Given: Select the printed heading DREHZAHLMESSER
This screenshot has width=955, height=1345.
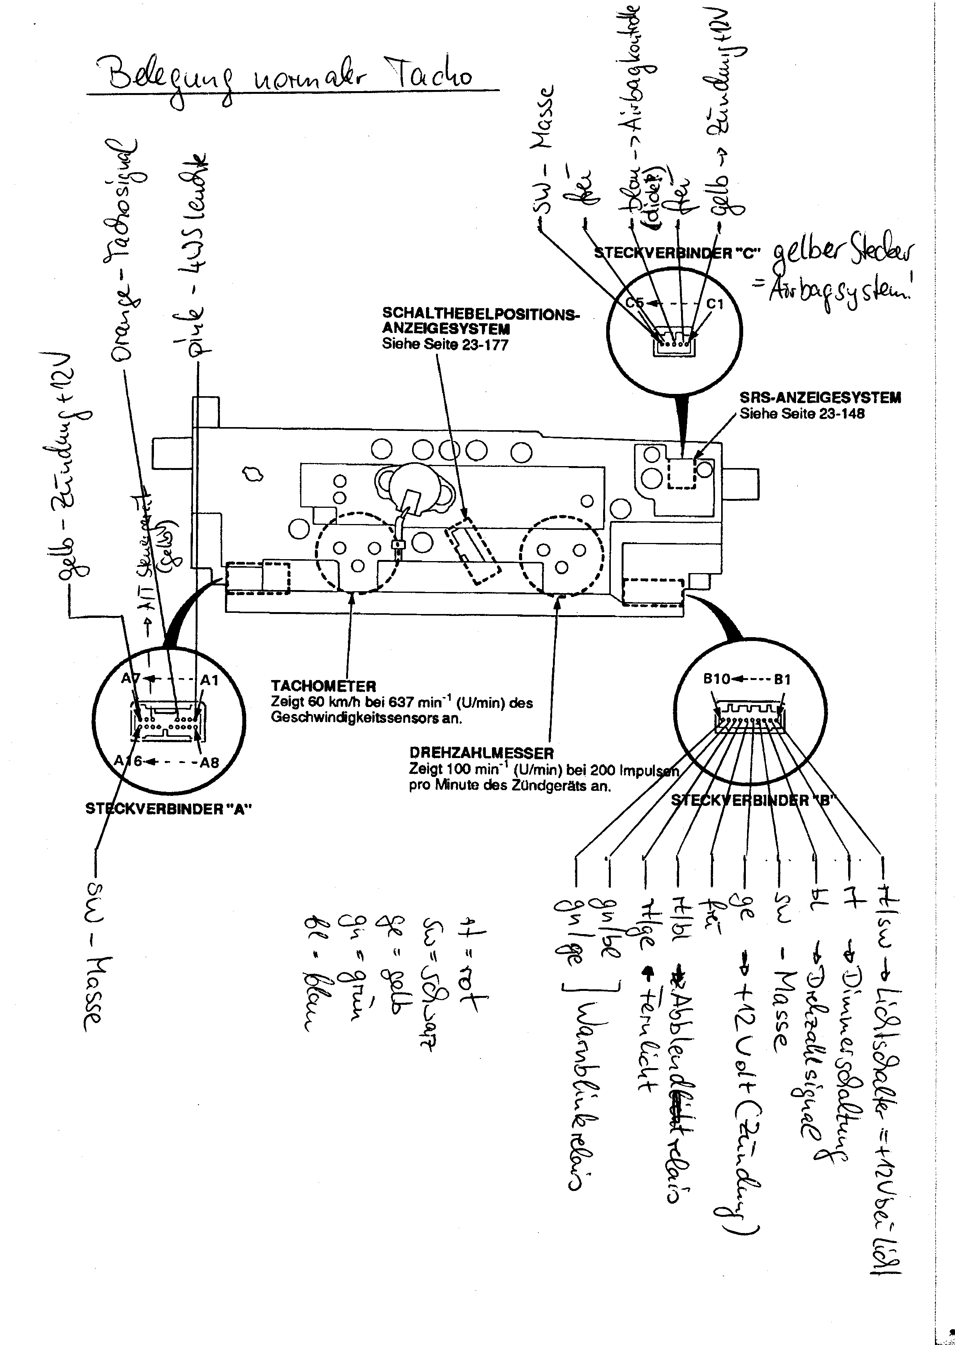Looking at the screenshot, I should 481,753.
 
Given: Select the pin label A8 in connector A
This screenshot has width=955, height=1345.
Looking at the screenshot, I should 210,763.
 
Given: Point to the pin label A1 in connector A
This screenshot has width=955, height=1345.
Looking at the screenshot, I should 210,681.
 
